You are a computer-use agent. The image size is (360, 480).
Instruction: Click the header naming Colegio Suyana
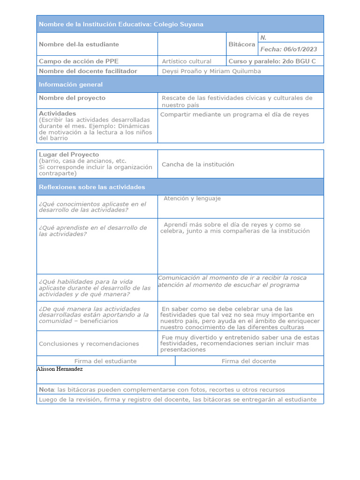pyautogui.click(x=121, y=24)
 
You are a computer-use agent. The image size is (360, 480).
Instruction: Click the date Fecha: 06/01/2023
pyautogui.click(x=288, y=49)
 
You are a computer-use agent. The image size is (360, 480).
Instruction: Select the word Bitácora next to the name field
pyautogui.click(x=241, y=44)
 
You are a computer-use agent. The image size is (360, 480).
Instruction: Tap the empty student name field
pyautogui.click(x=192, y=44)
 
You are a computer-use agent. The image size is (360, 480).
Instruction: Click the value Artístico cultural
pyautogui.click(x=186, y=61)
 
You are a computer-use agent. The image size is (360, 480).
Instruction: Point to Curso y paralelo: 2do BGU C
pyautogui.click(x=272, y=61)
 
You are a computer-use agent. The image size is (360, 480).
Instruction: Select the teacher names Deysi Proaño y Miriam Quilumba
pyautogui.click(x=211, y=71)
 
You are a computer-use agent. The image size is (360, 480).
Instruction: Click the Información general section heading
pyautogui.click(x=71, y=84)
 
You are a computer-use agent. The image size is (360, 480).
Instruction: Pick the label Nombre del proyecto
pyautogui.click(x=72, y=98)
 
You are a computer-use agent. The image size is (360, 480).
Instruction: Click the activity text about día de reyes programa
pyautogui.click(x=234, y=114)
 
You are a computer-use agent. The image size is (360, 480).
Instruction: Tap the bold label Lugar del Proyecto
pyautogui.click(x=69, y=154)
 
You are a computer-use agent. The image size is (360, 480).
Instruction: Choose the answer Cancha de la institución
pyautogui.click(x=197, y=165)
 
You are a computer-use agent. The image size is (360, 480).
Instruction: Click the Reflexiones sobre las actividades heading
pyautogui.click(x=92, y=187)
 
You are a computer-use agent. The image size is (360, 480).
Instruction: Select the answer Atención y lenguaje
pyautogui.click(x=192, y=199)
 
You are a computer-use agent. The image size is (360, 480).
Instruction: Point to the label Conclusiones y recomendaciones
pyautogui.click(x=89, y=344)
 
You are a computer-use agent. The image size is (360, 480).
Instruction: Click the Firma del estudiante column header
pyautogui.click(x=105, y=361)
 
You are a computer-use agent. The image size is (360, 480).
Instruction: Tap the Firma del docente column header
pyautogui.click(x=248, y=361)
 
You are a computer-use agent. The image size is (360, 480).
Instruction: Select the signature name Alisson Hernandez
pyautogui.click(x=60, y=369)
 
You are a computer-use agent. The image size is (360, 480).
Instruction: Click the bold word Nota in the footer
pyautogui.click(x=46, y=390)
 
